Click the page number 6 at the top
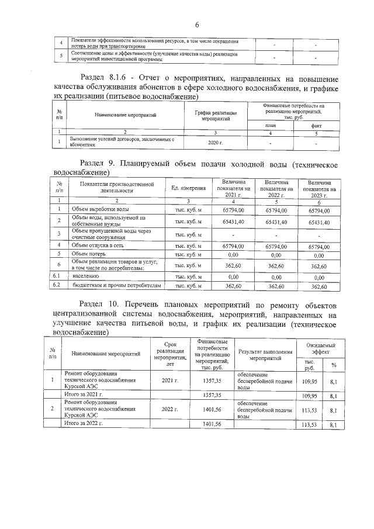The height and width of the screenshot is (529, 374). pyautogui.click(x=197, y=25)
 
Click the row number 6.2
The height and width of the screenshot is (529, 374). pyautogui.click(x=57, y=286)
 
